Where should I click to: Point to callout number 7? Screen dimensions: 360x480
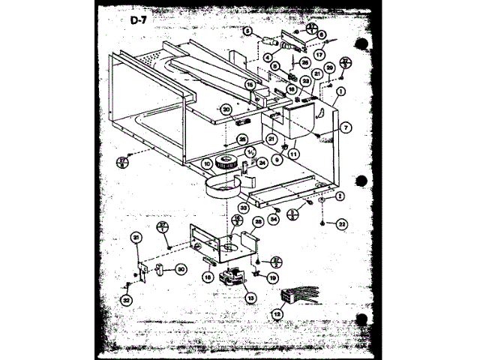(346, 128)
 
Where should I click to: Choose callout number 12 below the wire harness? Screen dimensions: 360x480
(279, 315)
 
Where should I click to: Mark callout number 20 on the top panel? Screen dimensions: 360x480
(226, 109)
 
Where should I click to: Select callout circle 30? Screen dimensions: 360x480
(180, 271)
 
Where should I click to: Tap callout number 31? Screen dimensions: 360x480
(136, 238)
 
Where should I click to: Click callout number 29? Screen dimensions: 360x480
(328, 68)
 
